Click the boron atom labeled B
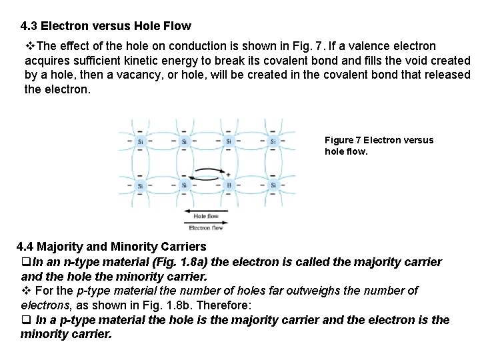tap(229, 185)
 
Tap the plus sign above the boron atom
tap(229, 175)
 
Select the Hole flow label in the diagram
tap(205, 216)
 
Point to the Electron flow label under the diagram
tap(207, 228)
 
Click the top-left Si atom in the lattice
tap(139, 141)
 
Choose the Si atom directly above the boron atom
tap(229, 141)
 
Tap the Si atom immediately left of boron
tap(184, 185)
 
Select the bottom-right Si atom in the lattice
tap(273, 185)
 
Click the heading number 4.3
tap(29, 27)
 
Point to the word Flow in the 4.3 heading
tap(177, 27)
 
